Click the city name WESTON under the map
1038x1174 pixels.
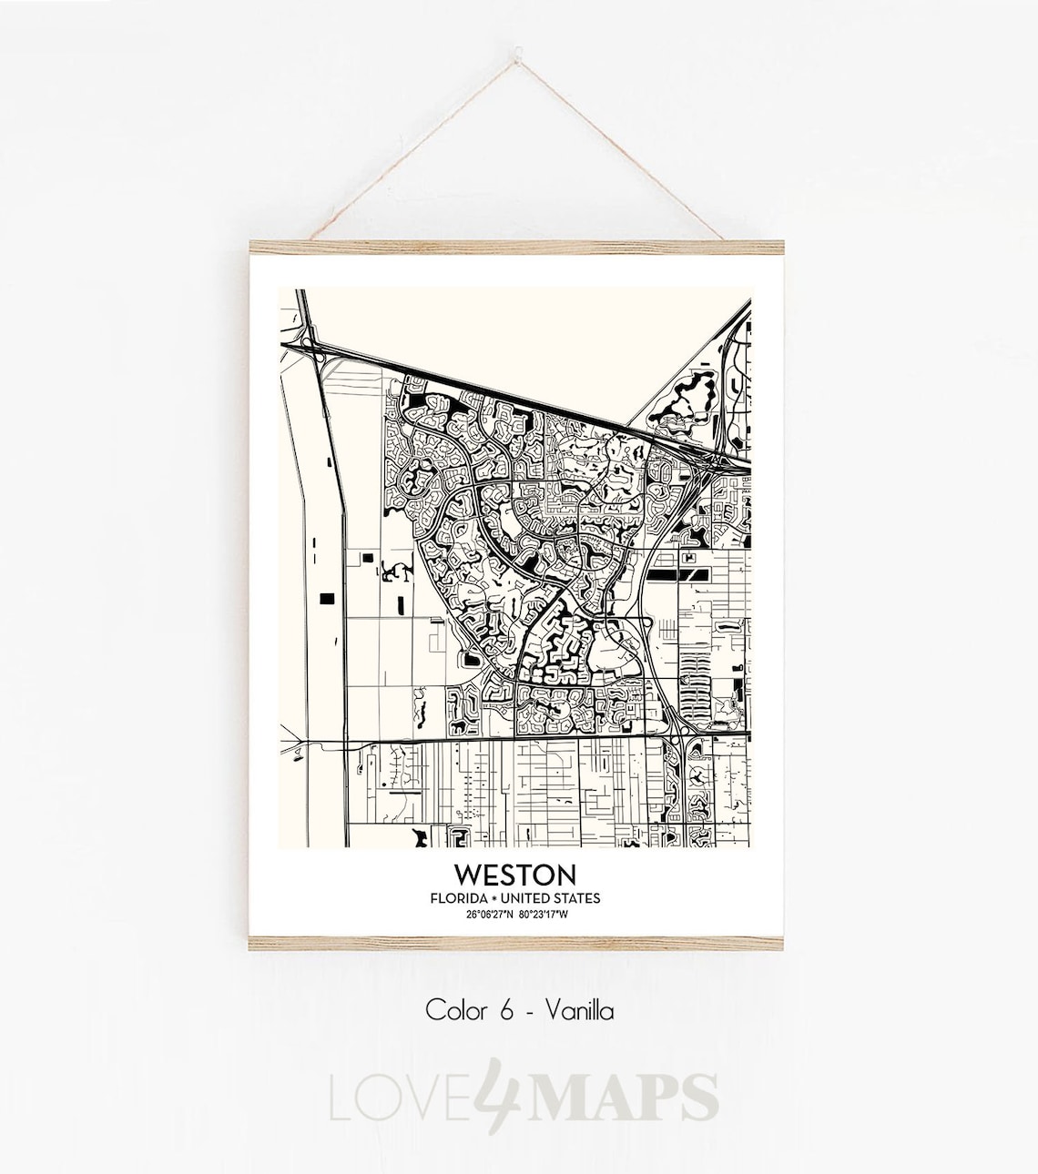(x=515, y=875)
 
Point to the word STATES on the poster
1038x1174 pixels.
(x=576, y=898)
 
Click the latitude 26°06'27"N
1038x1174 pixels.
(x=488, y=914)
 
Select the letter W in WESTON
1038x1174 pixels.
(x=469, y=875)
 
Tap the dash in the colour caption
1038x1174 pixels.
(x=529, y=1010)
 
